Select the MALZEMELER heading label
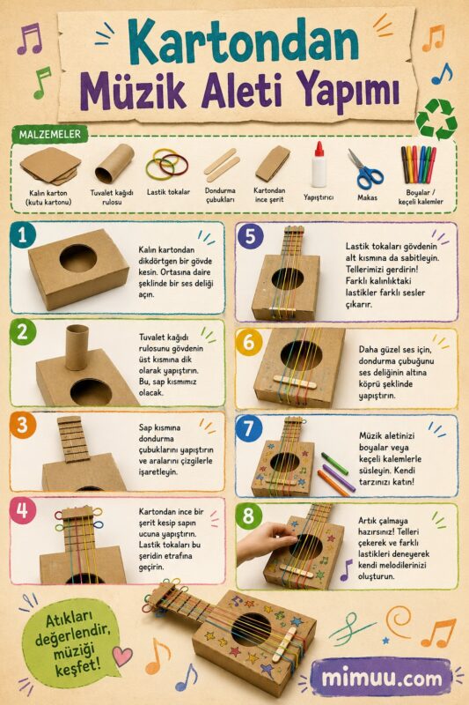(x=50, y=134)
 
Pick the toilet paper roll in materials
(x=114, y=163)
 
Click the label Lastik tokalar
(x=168, y=192)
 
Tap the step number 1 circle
(x=22, y=235)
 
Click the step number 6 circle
(x=248, y=343)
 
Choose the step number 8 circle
(x=248, y=516)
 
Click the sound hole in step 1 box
(x=78, y=258)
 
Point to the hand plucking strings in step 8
(x=266, y=543)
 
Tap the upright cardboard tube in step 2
(x=77, y=347)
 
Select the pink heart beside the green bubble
(x=122, y=656)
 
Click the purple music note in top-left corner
(x=30, y=39)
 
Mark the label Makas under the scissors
(x=367, y=197)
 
